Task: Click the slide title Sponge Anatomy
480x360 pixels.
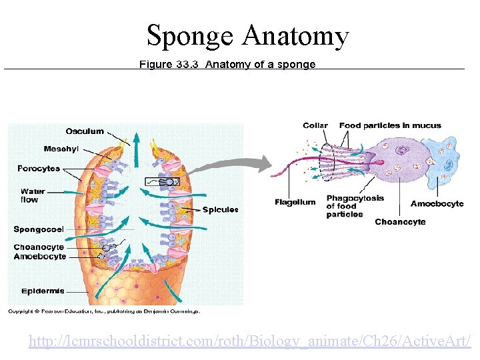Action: click(247, 35)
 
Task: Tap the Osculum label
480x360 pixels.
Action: click(85, 131)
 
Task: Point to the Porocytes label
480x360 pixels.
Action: click(39, 169)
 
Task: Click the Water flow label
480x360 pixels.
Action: click(33, 195)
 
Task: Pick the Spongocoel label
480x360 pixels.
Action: click(39, 229)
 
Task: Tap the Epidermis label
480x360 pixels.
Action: click(43, 291)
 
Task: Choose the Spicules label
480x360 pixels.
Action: click(220, 209)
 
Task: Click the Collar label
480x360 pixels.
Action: click(315, 125)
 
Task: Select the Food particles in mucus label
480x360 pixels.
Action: click(390, 125)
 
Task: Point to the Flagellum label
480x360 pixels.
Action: click(295, 202)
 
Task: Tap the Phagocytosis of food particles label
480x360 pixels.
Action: click(355, 206)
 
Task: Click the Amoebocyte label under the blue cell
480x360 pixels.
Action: click(437, 203)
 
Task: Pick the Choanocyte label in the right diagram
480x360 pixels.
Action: click(400, 222)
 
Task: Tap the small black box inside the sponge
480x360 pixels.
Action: click(163, 181)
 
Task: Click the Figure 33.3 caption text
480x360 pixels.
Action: click(227, 65)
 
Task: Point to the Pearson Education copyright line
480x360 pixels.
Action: click(103, 311)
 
